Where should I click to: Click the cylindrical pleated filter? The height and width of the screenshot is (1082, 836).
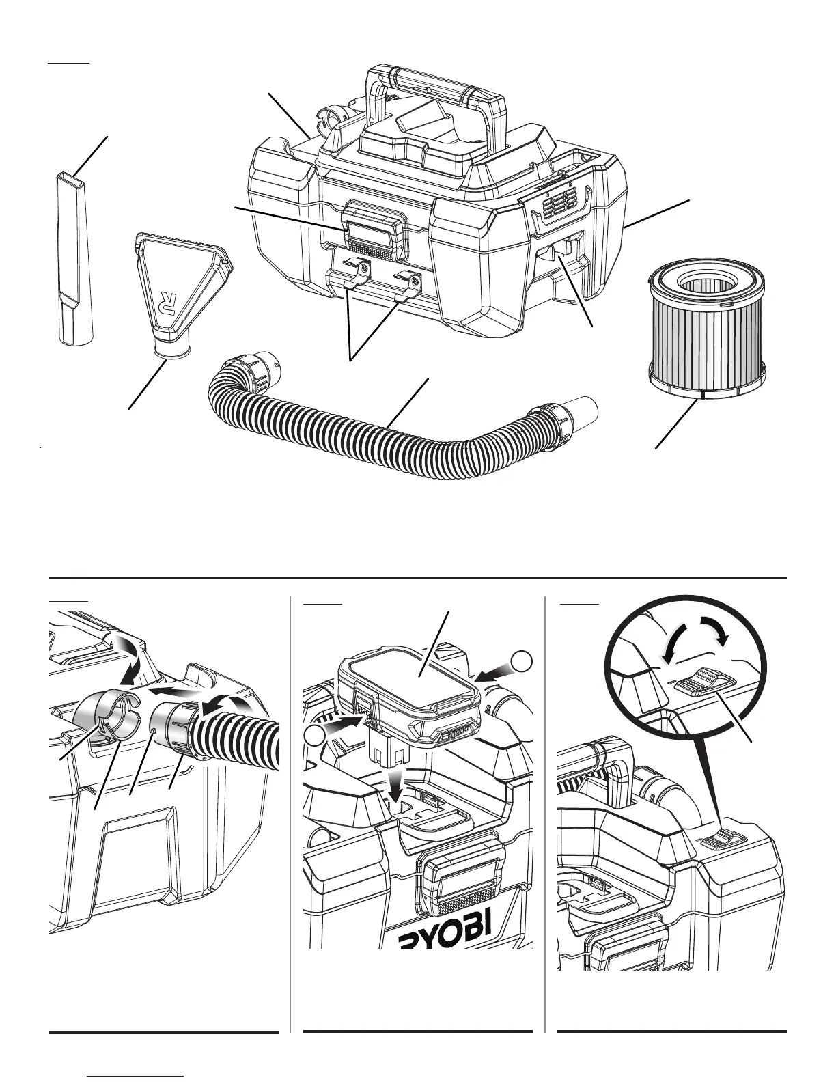point(703,328)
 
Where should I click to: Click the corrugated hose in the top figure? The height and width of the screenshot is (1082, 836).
point(382,437)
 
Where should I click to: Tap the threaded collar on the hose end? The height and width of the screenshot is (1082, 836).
point(185,731)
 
